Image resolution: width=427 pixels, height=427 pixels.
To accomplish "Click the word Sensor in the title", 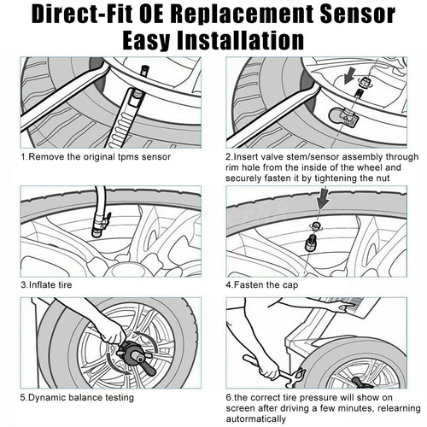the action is click(358, 15).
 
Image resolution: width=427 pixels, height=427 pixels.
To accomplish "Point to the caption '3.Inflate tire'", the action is click(46, 284).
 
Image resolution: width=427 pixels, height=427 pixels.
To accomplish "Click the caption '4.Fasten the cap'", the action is click(262, 284).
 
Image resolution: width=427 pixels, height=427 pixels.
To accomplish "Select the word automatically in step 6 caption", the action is click(255, 419).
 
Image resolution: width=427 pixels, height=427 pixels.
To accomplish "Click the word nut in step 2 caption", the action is click(383, 178).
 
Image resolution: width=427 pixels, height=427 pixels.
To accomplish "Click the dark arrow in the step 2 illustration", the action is click(349, 75).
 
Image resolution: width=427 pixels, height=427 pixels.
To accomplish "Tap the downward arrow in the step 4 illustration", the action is click(323, 198).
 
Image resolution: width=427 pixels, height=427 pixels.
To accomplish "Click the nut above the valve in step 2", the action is click(364, 82).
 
